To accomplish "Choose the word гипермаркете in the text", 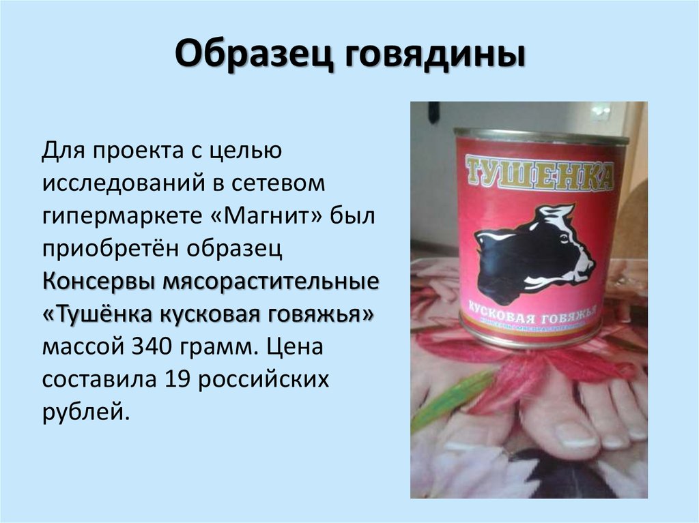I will pos(119,216).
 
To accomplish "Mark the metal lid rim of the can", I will pos(541,135).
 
